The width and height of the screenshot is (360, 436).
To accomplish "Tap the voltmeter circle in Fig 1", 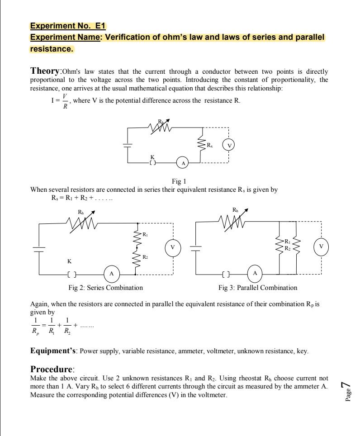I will pos(229,145).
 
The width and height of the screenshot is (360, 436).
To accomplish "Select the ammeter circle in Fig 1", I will pos(183,162).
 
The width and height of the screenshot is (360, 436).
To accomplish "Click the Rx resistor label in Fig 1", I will pos(210,145).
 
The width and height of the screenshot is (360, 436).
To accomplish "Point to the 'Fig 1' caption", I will pos(180,182).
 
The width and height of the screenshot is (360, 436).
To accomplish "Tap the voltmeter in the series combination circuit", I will pos(172,247).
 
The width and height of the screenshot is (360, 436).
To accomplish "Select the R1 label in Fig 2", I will pos(145,235).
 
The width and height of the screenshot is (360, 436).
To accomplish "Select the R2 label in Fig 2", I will pos(145,257).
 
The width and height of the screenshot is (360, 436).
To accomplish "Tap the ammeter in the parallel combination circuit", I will pos(255,274).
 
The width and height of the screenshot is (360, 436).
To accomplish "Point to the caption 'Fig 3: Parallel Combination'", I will pos(258,288).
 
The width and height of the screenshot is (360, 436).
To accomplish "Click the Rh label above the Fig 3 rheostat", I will pos(236,210).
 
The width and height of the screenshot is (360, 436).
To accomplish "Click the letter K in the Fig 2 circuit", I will pos(69,261).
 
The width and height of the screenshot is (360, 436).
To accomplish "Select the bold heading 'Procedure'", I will pos(52,369).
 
